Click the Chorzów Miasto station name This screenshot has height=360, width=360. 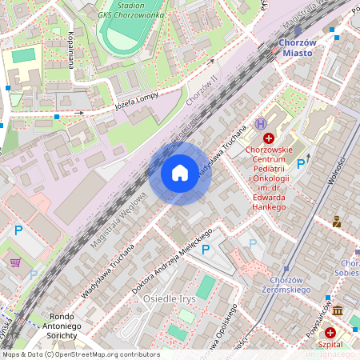tap(297, 47)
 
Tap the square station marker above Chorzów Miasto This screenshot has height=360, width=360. tap(298, 31)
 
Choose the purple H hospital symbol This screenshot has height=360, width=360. tap(260, 124)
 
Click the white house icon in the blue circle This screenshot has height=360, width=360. tap(180, 173)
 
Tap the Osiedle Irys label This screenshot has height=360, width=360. tap(169, 298)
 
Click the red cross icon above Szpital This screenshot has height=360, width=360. tap(330, 331)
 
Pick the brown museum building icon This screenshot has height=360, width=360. tap(338, 310)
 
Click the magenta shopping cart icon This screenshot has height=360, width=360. tap(15, 262)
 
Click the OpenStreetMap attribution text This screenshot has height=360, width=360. tap(80, 354)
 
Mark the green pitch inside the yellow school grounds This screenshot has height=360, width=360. tap(24, 55)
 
